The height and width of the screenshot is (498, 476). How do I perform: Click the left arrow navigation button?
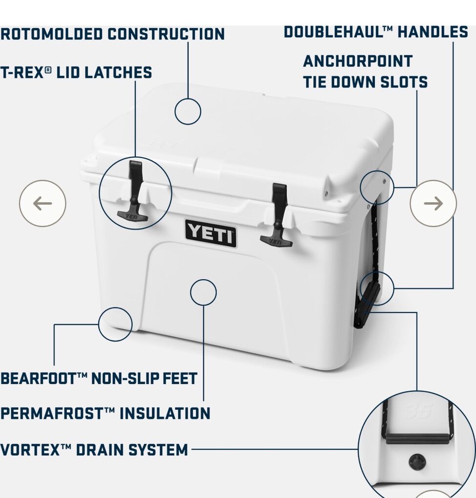click(x=43, y=203)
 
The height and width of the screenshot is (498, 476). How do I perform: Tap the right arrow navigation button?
click(x=433, y=203)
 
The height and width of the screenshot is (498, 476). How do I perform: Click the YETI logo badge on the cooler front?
click(x=211, y=234)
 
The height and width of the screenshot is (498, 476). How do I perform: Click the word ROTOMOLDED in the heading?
click(x=51, y=34)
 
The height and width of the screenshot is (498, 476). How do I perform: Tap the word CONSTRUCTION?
click(x=166, y=34)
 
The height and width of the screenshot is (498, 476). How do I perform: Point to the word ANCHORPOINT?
click(x=358, y=62)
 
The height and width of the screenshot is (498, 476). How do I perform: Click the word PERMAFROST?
click(x=52, y=414)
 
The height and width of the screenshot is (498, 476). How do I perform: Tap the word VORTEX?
click(x=30, y=450)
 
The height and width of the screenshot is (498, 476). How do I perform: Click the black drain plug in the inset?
click(x=417, y=462)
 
